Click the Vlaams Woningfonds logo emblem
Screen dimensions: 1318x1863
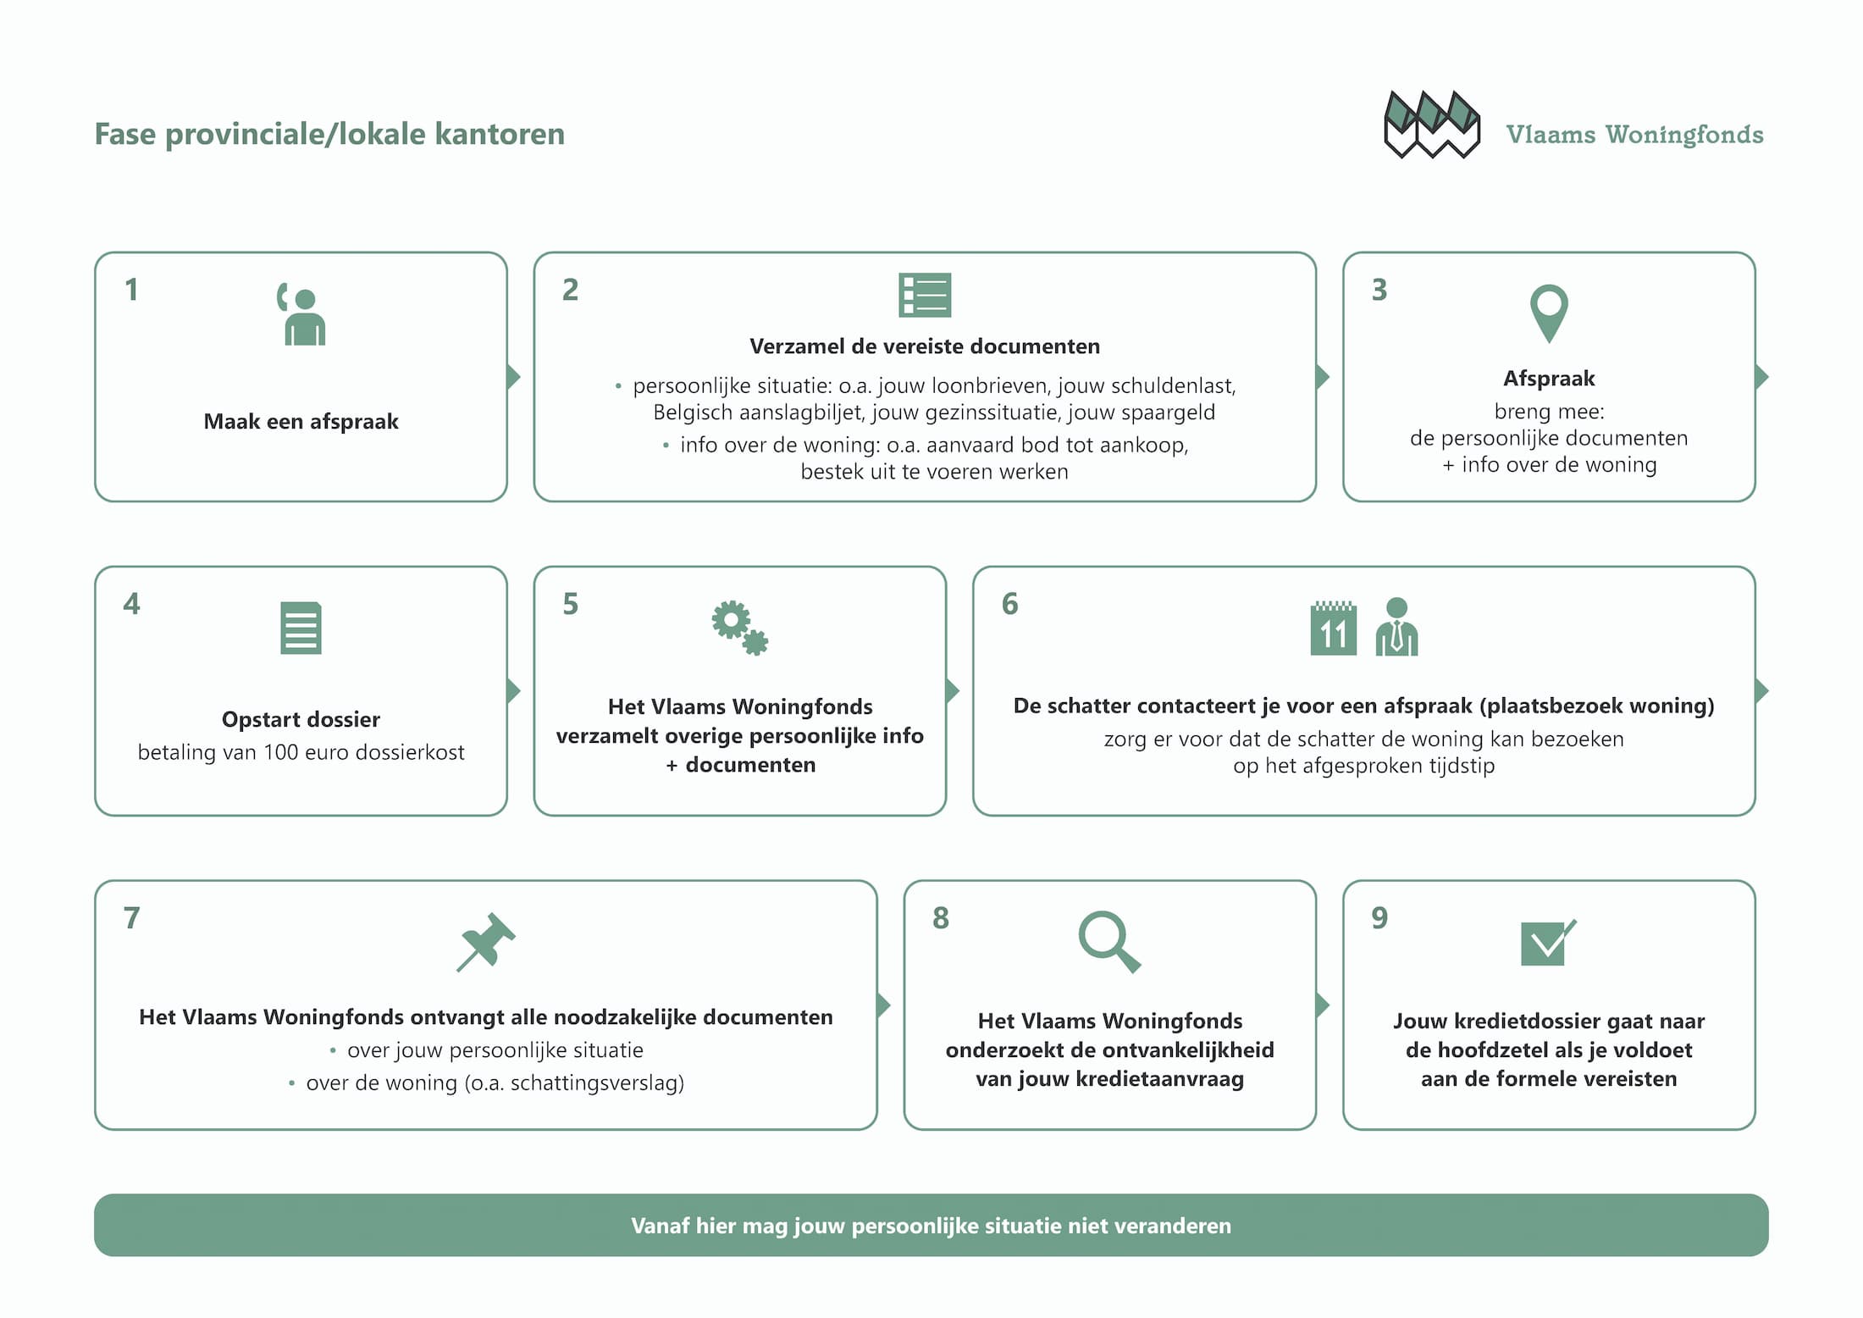coord(1431,125)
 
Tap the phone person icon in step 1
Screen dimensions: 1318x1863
coord(302,314)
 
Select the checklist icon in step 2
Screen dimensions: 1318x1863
coord(925,295)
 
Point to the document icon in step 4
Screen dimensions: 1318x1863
coord(301,628)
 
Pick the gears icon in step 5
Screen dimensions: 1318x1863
coord(739,628)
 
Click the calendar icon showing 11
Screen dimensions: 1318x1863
coord(1333,628)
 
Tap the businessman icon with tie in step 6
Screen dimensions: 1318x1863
coord(1396,627)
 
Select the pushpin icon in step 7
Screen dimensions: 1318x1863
coord(485,941)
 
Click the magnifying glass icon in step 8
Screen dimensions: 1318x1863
coord(1109,941)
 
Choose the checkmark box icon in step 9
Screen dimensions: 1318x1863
coord(1547,943)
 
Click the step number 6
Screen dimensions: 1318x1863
coord(1009,604)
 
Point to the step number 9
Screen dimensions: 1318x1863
coord(1379,917)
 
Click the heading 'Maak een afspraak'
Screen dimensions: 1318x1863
coord(301,422)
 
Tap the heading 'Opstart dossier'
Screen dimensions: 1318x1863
coord(301,719)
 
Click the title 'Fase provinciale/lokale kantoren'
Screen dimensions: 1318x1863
coord(329,134)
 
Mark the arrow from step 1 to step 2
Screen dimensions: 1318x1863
coord(513,377)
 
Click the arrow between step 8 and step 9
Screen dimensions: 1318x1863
coord(1322,1005)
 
